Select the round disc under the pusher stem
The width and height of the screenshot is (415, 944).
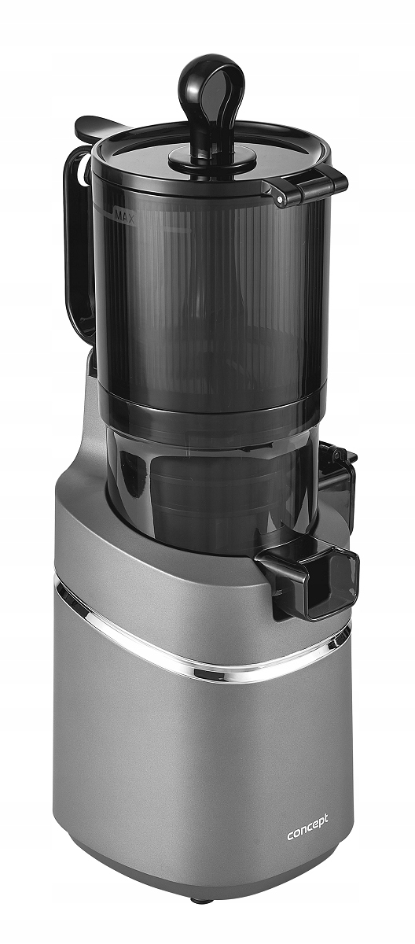[213, 158]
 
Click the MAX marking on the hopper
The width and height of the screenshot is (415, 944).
[123, 216]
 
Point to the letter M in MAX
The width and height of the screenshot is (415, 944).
[118, 215]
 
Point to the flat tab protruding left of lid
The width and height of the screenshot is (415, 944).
[97, 127]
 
